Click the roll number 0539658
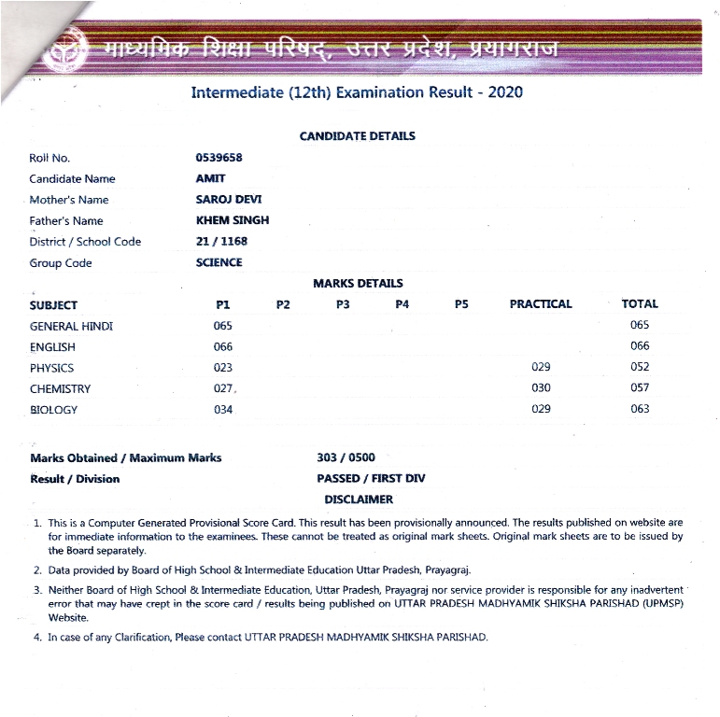coord(219,158)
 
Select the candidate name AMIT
coord(210,178)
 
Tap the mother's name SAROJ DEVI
coord(229,200)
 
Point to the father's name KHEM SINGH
coord(232,220)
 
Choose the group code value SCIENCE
coord(219,262)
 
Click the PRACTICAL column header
coord(541,304)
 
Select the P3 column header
coord(343,304)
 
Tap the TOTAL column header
coord(640,303)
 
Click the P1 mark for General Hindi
coord(222,326)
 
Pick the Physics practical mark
coord(541,367)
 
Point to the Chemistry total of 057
coord(640,387)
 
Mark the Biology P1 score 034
coord(222,409)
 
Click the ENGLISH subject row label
coord(52,347)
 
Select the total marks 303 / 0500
coord(346,457)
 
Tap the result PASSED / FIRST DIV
coord(371,478)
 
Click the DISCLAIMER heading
coord(359,499)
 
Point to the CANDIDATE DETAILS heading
coord(357,136)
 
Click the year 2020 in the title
coord(505,92)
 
